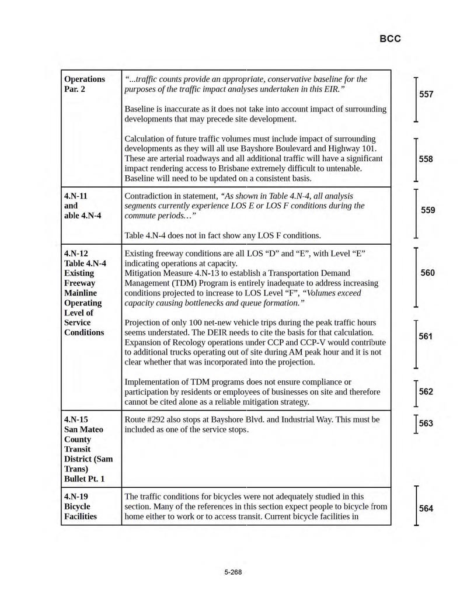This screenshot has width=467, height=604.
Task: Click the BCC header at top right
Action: [x=390, y=40]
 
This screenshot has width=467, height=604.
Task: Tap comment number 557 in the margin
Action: [x=427, y=94]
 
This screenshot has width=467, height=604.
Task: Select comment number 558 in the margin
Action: [x=427, y=159]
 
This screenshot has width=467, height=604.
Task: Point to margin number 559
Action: [x=428, y=210]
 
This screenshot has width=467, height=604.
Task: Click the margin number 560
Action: [x=428, y=273]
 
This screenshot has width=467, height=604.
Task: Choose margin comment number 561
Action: [x=426, y=336]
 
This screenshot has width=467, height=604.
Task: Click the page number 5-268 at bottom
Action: [x=233, y=572]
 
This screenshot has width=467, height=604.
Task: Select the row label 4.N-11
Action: [x=76, y=196]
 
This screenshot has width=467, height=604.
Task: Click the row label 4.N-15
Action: [x=76, y=419]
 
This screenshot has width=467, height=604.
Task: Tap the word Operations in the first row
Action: [x=85, y=79]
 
